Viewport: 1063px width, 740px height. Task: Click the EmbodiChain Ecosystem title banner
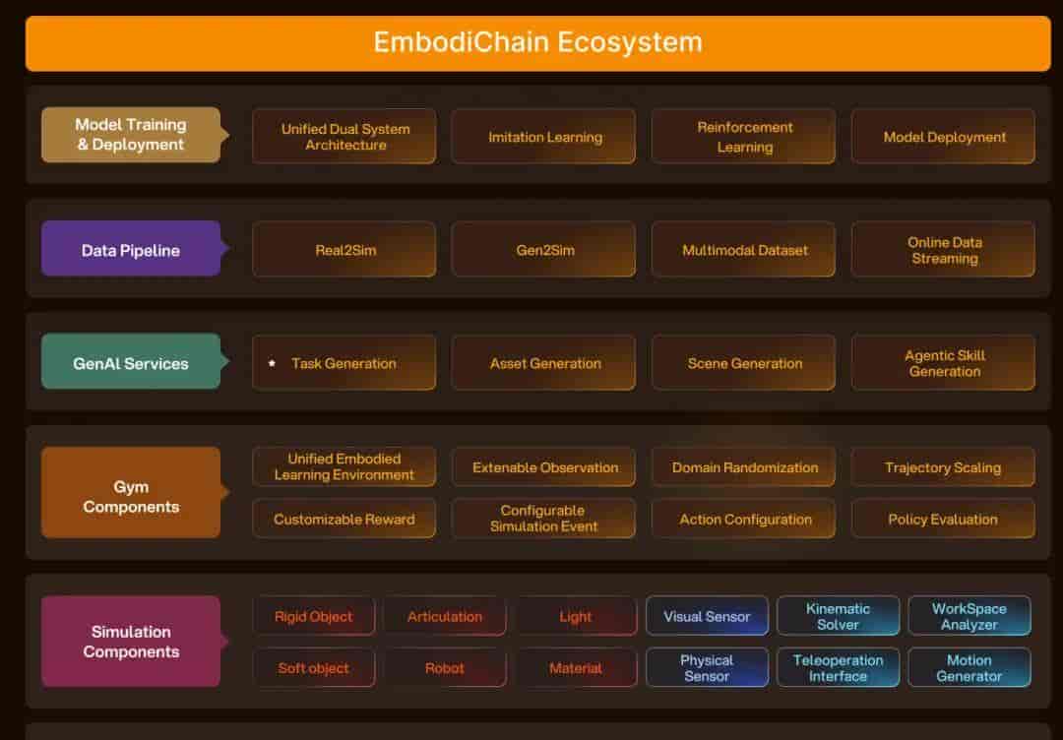click(537, 42)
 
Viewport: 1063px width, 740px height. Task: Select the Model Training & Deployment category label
click(131, 135)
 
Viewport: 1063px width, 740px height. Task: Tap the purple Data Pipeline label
click(131, 249)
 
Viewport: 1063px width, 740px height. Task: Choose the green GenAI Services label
click(131, 362)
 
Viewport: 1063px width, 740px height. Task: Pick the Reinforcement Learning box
click(744, 136)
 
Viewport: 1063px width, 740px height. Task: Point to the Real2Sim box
click(344, 249)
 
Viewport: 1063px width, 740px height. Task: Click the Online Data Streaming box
click(943, 249)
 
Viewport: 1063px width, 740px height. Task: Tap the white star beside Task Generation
click(272, 363)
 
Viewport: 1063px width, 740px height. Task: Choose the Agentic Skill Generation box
click(943, 362)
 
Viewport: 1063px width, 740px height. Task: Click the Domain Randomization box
click(744, 466)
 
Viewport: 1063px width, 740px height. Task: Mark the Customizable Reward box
click(344, 519)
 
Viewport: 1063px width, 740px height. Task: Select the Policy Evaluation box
click(943, 519)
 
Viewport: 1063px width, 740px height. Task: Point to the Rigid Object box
click(314, 616)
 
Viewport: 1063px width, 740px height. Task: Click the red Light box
click(576, 616)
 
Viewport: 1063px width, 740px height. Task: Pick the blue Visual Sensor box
click(707, 616)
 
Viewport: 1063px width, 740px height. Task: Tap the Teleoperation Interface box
click(838, 667)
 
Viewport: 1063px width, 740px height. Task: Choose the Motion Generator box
click(969, 667)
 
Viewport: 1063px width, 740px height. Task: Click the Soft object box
click(314, 667)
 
